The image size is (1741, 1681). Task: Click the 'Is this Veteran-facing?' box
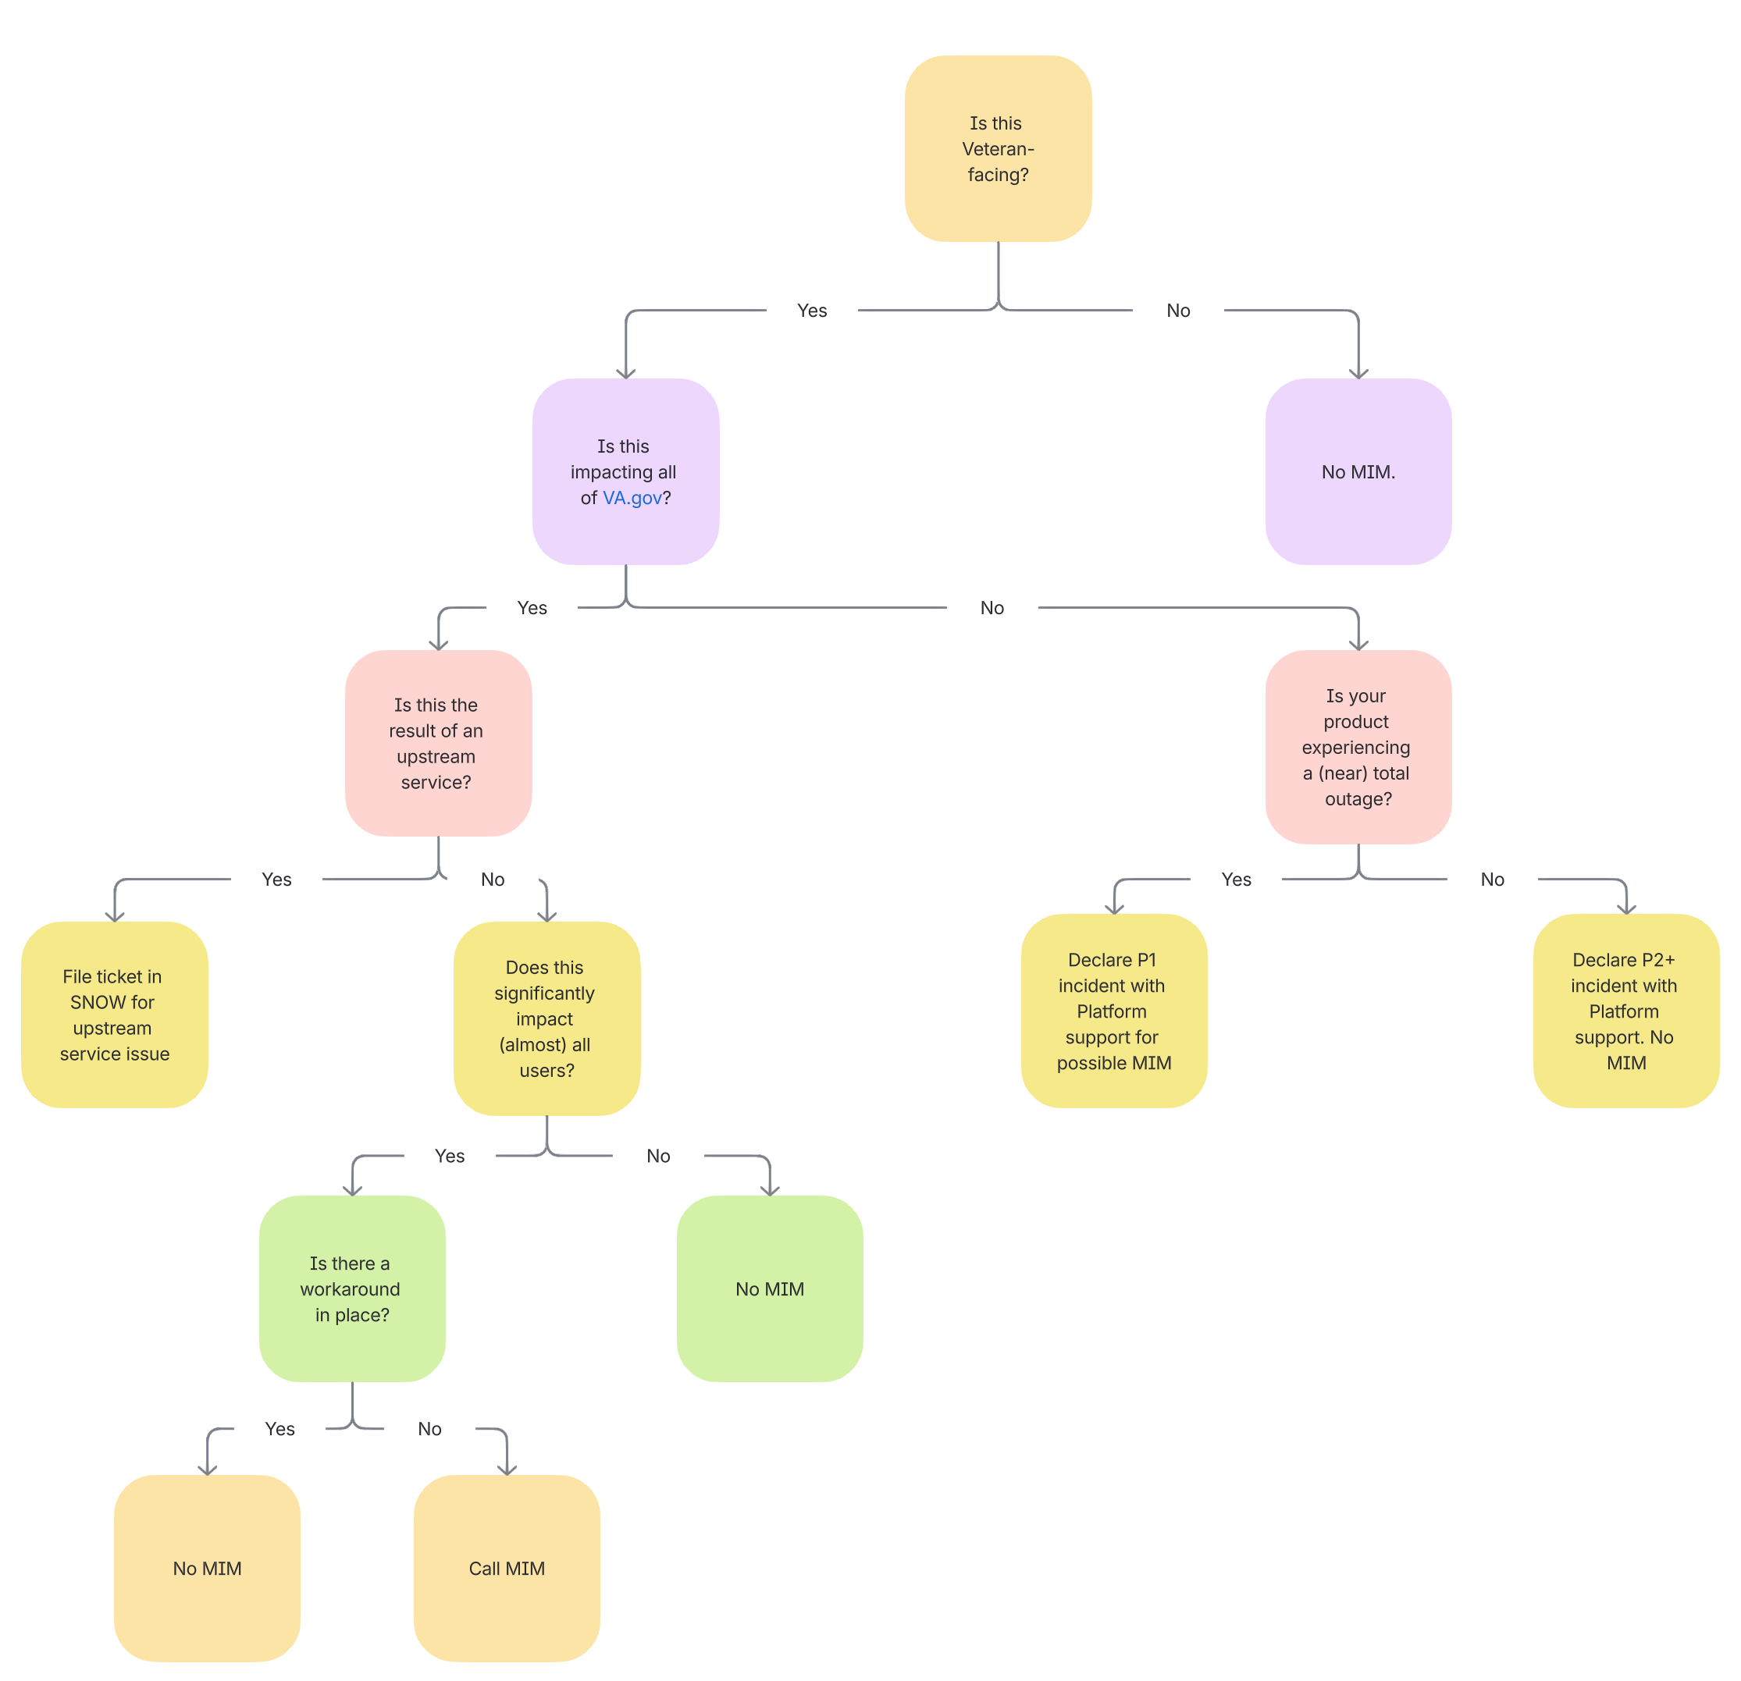(x=998, y=148)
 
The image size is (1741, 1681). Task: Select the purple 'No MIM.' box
(x=1357, y=471)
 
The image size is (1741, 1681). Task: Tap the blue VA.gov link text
(x=632, y=498)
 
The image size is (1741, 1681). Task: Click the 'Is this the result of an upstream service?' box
(x=438, y=742)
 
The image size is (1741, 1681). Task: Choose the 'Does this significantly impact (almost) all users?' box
(x=547, y=1018)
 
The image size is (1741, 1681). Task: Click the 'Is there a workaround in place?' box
(x=352, y=1288)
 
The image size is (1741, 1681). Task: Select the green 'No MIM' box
(x=769, y=1288)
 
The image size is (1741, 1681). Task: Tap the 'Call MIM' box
(x=507, y=1567)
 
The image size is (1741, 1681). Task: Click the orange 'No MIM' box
(x=207, y=1567)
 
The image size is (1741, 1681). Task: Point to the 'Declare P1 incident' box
(x=1113, y=1011)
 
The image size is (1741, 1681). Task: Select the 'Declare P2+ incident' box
(x=1625, y=1011)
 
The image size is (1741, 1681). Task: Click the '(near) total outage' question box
(x=1357, y=747)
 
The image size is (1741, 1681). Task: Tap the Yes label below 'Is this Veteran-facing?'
(x=812, y=311)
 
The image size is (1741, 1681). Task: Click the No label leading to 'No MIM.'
(x=1178, y=311)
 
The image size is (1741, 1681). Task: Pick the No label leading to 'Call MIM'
(x=429, y=1429)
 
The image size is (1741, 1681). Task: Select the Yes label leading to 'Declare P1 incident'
(x=1236, y=879)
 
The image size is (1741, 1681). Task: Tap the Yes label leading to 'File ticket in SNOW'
(x=276, y=879)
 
